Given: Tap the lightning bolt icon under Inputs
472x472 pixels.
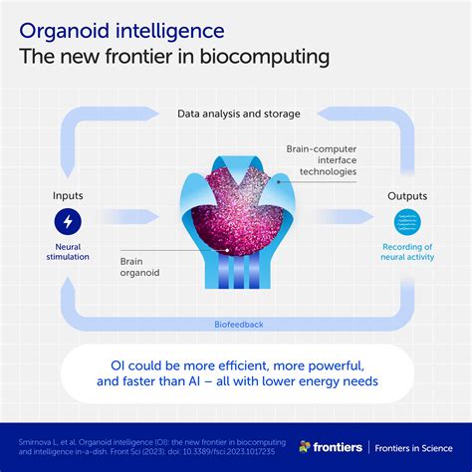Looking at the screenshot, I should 68,221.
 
